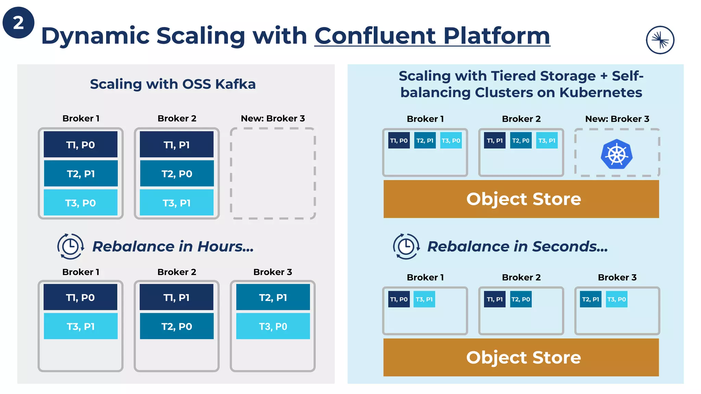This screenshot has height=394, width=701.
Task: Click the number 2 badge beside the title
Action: click(x=18, y=23)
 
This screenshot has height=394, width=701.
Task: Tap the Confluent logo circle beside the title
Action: click(x=660, y=40)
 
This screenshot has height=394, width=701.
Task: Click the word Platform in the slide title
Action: click(x=496, y=36)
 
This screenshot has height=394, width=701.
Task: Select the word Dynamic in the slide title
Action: click(x=95, y=36)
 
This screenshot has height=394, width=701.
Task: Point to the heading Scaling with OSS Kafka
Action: click(x=173, y=84)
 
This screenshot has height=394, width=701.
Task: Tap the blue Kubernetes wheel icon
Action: click(x=616, y=154)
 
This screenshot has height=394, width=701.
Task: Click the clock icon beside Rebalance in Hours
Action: click(x=71, y=246)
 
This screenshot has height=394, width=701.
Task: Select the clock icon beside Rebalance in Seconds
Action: click(x=406, y=246)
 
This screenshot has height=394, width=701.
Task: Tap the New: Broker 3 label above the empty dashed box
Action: click(x=273, y=118)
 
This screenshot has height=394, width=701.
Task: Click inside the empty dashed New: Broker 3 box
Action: click(x=273, y=173)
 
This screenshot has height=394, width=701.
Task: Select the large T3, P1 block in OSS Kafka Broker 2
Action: click(x=177, y=203)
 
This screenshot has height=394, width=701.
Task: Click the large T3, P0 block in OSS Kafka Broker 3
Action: click(x=273, y=326)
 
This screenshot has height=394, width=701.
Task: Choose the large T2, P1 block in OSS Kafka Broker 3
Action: click(x=273, y=297)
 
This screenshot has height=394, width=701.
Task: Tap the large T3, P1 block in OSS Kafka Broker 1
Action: click(x=81, y=326)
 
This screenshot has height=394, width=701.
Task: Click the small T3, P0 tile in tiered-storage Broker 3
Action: click(x=616, y=299)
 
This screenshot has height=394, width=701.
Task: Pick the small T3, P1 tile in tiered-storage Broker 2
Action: click(x=547, y=141)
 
